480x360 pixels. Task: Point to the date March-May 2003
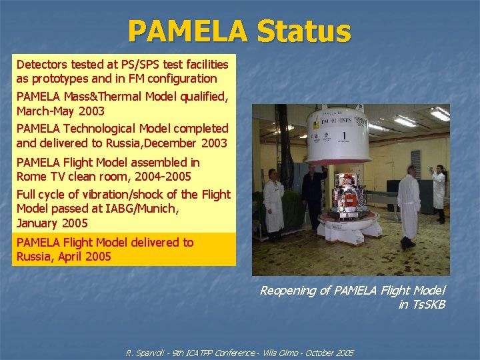(61, 111)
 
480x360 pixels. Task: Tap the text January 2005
(52, 223)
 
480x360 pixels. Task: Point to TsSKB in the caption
(429, 305)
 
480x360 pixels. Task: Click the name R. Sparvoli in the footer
(148, 352)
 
